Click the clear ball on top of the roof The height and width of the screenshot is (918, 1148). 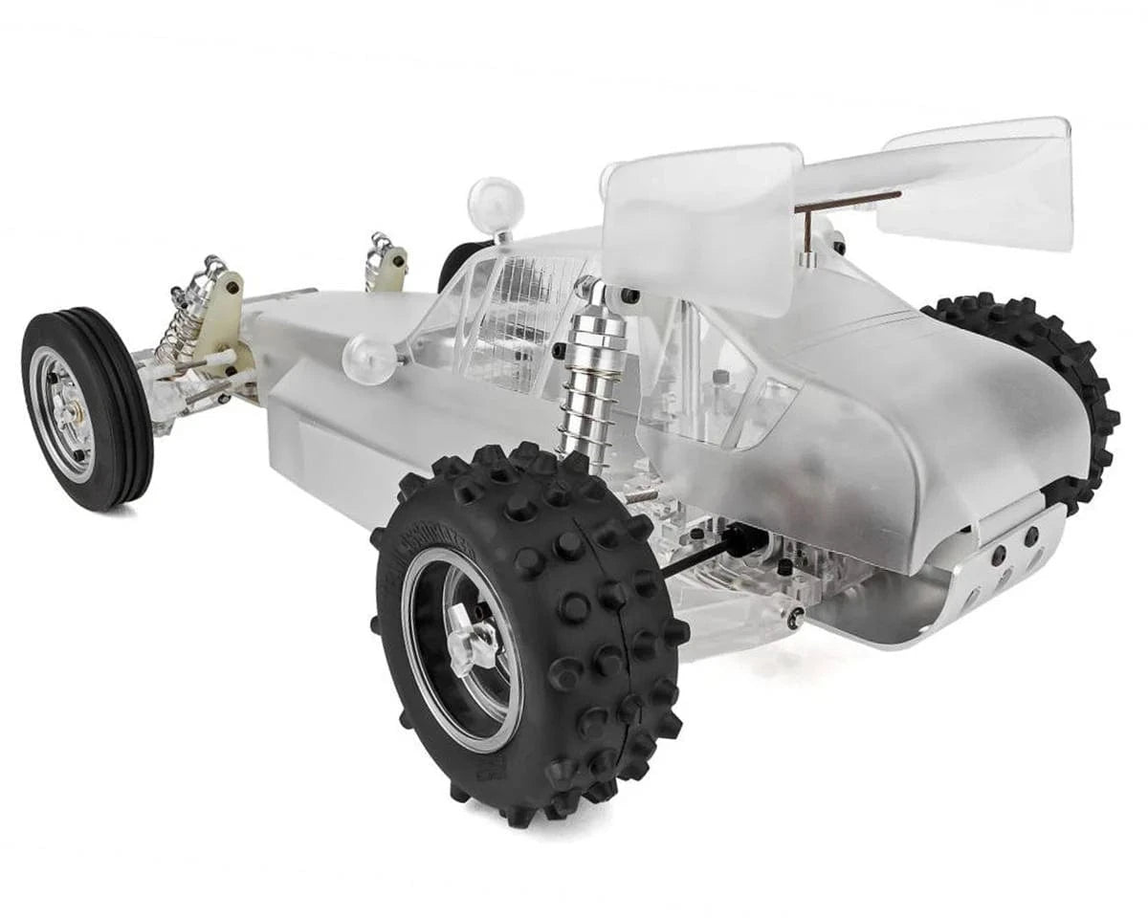(496, 205)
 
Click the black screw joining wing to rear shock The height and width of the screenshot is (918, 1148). (630, 297)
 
